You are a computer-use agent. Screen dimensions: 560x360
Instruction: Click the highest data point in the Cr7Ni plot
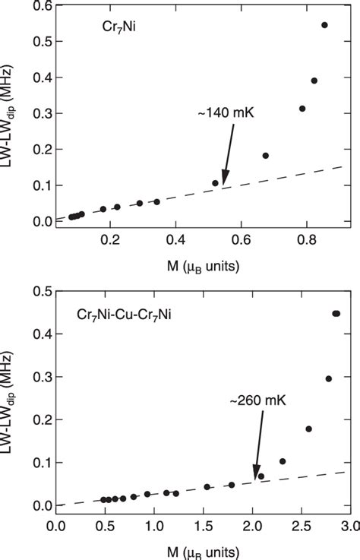click(x=324, y=25)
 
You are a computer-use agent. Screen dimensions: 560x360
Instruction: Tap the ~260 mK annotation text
click(x=255, y=399)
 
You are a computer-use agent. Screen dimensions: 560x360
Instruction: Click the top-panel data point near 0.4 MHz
click(x=314, y=81)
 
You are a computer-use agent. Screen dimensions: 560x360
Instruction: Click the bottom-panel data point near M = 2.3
click(x=283, y=461)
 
